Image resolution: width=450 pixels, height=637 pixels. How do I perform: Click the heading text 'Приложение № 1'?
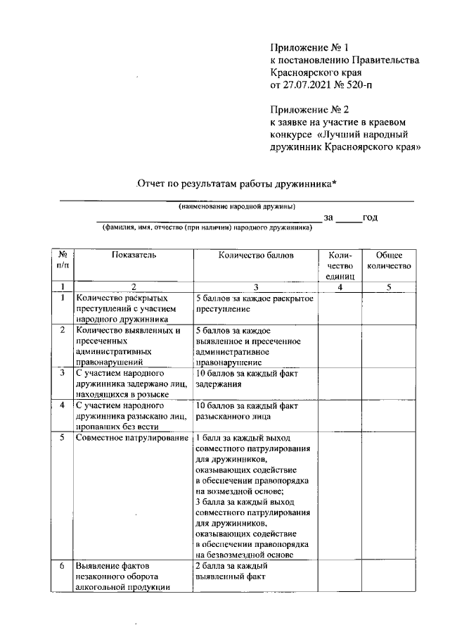click(309, 47)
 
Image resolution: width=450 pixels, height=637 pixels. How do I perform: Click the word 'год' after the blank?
click(371, 217)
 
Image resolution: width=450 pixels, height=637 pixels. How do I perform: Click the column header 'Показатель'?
click(134, 255)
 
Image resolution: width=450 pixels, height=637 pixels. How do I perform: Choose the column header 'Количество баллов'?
click(256, 255)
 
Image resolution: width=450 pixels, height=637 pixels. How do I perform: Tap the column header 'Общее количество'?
click(389, 260)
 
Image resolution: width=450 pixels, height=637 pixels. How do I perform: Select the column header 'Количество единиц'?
click(339, 266)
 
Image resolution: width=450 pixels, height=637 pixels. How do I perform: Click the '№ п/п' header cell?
click(63, 260)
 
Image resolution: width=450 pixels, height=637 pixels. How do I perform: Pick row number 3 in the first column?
click(63, 372)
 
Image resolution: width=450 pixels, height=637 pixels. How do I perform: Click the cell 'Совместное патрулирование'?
click(134, 439)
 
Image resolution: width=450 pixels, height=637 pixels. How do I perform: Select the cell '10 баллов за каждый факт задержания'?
click(242, 379)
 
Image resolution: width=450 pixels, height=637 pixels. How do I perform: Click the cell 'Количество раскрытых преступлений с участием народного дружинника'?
click(126, 308)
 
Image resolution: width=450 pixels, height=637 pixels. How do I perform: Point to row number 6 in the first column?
click(63, 566)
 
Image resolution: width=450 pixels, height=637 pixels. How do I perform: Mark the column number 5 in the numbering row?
click(389, 286)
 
